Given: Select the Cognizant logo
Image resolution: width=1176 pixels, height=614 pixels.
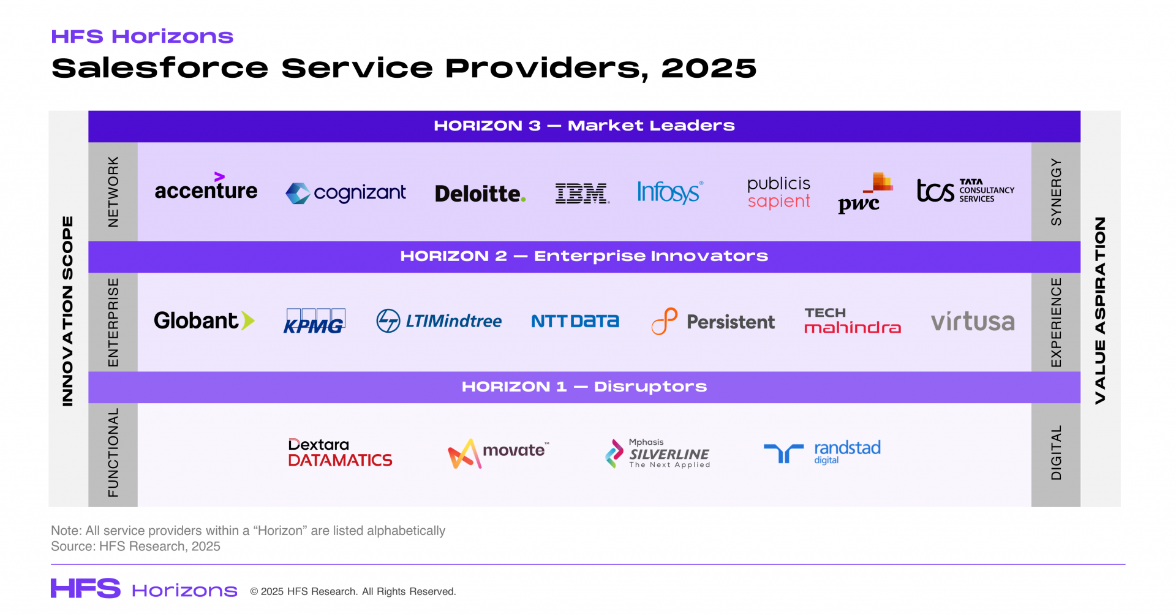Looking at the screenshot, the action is pos(345,193).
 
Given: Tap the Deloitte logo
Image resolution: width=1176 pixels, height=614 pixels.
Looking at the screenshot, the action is pos(480,194).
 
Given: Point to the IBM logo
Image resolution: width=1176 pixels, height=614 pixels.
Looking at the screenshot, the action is pos(582,193).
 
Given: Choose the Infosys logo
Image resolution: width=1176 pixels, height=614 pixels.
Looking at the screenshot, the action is pos(670,192).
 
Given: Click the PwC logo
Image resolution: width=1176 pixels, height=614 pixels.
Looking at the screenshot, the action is pos(865,193).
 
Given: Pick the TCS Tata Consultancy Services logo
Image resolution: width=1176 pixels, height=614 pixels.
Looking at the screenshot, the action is pos(965,190).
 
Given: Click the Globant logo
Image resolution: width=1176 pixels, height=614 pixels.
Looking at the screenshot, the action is pos(204,320).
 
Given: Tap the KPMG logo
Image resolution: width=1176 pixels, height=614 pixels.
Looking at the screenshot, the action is pos(314,321).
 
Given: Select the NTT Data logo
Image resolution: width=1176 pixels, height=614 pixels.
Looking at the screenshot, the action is pos(575,321).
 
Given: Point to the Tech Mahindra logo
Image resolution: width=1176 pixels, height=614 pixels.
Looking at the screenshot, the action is pos(853,320).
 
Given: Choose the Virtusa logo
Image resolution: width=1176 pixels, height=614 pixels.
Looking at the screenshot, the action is pos(973,321).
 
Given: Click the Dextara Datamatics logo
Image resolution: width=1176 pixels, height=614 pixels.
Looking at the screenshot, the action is pos(340,453).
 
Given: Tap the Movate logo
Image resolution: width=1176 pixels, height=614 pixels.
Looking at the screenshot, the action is pos(499,453).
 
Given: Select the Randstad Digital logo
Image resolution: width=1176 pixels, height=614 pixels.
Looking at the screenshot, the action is pos(822,452).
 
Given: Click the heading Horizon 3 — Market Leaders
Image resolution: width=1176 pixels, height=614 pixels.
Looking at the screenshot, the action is pos(584,126).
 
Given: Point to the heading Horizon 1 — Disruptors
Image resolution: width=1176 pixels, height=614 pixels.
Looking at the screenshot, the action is pos(584,387).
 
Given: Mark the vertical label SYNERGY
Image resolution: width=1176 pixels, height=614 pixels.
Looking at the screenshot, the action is pos(1056,192).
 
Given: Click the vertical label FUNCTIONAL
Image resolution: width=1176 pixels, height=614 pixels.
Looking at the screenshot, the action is pos(113,453).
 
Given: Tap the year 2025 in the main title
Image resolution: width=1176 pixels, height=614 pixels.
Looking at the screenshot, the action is pos(709,68).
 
